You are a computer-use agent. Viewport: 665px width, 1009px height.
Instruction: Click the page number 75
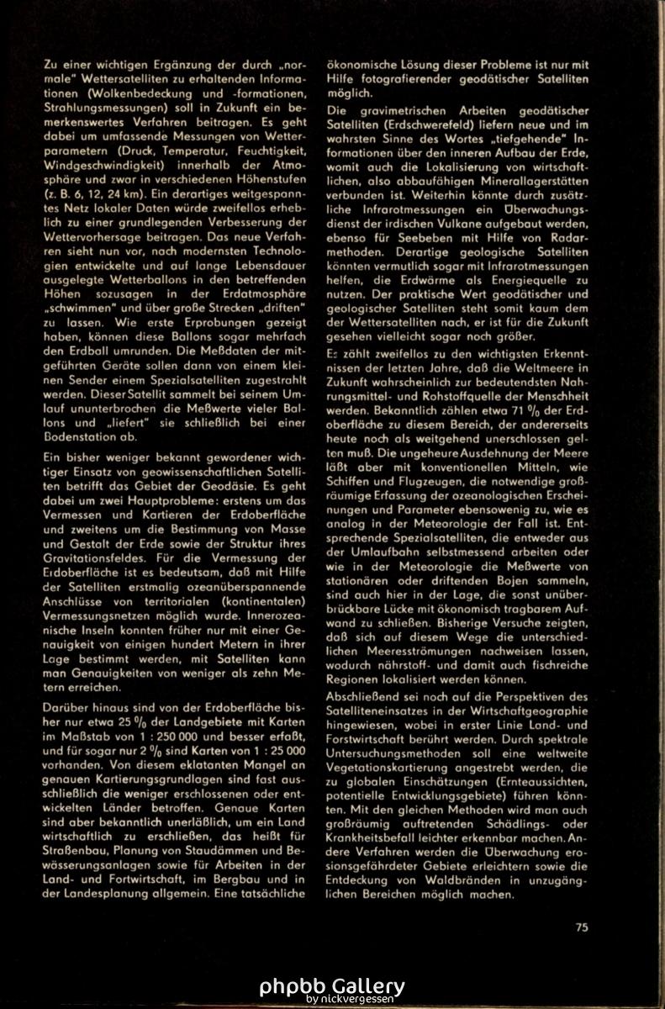pyautogui.click(x=582, y=928)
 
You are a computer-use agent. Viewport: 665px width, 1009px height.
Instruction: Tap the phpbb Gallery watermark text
pyautogui.click(x=332, y=986)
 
